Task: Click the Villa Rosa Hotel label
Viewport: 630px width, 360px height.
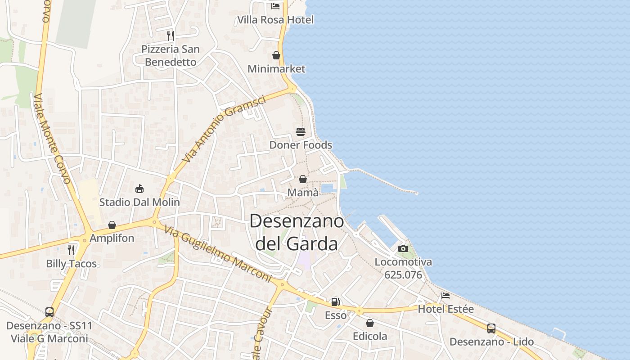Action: pos(275,20)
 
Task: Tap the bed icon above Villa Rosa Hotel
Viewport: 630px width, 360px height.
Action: pos(275,6)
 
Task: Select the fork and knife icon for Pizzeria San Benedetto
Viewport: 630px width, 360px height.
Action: pos(170,36)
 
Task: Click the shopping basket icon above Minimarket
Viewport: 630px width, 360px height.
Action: pos(276,55)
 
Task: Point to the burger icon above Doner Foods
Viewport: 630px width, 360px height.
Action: pos(301,131)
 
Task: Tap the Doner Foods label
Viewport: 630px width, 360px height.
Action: pos(301,145)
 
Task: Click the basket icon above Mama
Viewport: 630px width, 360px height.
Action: pos(303,179)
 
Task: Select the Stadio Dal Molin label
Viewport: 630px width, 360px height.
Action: pos(139,202)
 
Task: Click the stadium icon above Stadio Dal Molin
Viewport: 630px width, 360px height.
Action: pos(139,189)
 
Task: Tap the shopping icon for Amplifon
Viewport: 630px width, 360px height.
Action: pos(112,225)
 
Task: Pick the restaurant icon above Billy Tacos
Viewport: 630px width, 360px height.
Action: pos(71,250)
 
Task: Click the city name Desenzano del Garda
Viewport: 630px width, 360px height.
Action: pos(296,232)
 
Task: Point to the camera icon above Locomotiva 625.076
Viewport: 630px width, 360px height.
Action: pos(403,248)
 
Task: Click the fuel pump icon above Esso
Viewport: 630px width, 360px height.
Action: pos(336,302)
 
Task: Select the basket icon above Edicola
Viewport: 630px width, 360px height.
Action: pos(370,323)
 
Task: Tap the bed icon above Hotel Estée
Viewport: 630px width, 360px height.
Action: pos(445,296)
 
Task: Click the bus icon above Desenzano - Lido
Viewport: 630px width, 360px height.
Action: pos(491,328)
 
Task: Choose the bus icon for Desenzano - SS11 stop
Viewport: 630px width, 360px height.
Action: pos(49,312)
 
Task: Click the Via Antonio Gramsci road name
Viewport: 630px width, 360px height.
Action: pos(224,129)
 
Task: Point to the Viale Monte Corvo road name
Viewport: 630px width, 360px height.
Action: pos(52,139)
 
